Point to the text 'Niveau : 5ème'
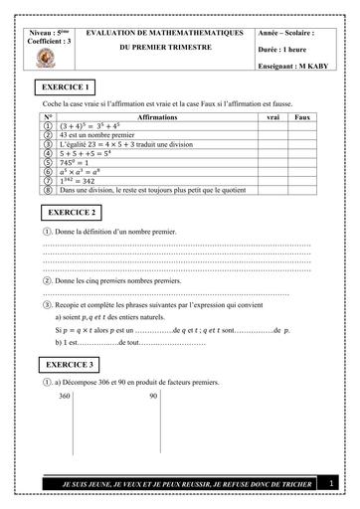[46, 33]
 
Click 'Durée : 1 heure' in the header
[287, 47]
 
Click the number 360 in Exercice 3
[65, 396]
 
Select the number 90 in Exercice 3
[153, 396]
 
